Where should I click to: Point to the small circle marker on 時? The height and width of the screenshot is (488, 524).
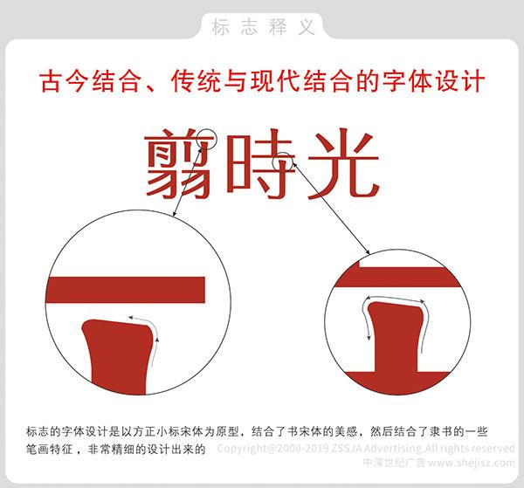click(285, 162)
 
